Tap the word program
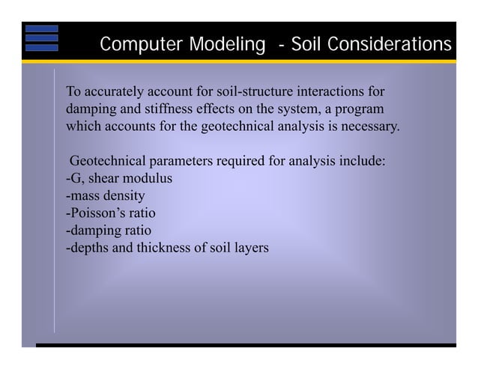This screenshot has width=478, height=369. (x=360, y=110)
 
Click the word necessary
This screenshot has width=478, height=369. (x=371, y=126)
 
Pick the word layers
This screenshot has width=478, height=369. (x=249, y=247)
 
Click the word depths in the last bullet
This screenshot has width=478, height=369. (x=88, y=247)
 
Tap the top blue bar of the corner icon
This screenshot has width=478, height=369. (x=41, y=29)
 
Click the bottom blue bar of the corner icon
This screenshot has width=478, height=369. (x=41, y=47)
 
